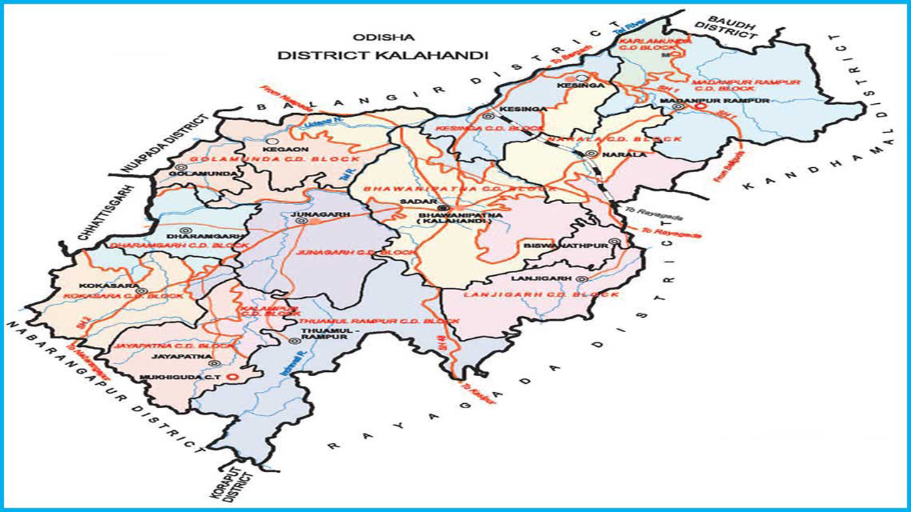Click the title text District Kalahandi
click(x=383, y=55)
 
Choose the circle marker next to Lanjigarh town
click(x=581, y=279)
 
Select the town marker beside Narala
click(x=591, y=154)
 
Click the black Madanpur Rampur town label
click(x=725, y=102)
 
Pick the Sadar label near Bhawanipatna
click(x=413, y=203)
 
